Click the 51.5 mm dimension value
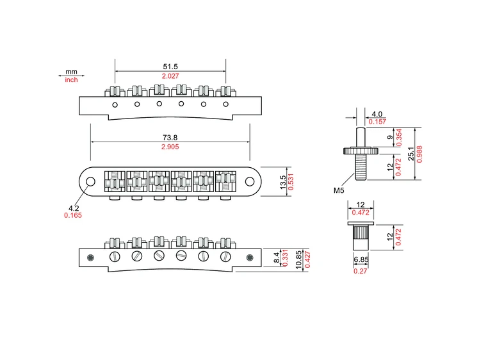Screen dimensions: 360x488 [170, 67]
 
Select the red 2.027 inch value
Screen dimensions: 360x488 [170, 77]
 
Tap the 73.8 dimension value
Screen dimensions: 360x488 [170, 137]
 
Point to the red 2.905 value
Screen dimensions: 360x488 [170, 147]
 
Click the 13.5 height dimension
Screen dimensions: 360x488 [282, 183]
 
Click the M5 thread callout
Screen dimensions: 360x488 [339, 190]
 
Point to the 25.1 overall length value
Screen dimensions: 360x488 [411, 153]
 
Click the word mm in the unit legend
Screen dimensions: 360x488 [71, 72]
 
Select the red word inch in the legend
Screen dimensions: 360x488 [71, 80]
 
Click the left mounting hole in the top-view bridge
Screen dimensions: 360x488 [91, 181]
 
